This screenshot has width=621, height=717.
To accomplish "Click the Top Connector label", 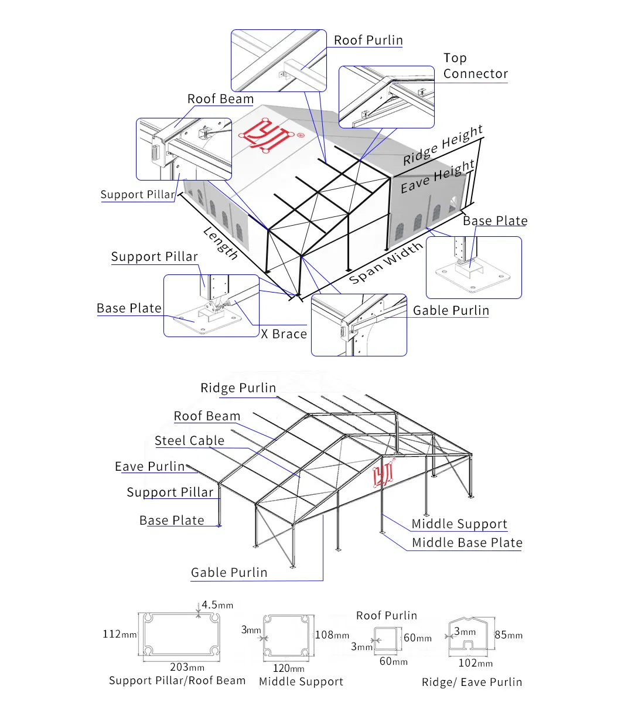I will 475,66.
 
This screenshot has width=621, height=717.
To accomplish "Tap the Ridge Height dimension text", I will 443,145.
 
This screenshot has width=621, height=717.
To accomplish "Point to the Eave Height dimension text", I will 438,176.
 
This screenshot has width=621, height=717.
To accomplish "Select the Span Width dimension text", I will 386,263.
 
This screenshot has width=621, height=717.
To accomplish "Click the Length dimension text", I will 221,243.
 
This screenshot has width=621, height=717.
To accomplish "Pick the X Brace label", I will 284,334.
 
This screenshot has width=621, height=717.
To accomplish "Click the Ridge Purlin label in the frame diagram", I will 238,388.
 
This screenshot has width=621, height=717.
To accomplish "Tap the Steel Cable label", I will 189,441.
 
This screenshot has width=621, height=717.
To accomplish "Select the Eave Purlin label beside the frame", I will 150,467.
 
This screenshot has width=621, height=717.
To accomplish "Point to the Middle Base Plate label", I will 467,543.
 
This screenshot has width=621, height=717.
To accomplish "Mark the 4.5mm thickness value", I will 217,605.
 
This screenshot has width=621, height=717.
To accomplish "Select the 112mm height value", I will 120,634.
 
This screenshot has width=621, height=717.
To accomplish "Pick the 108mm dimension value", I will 332,635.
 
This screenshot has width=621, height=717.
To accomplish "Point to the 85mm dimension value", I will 509,635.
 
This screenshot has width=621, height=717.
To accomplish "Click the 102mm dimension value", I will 475,663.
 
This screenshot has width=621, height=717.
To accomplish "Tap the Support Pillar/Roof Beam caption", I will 177,681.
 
